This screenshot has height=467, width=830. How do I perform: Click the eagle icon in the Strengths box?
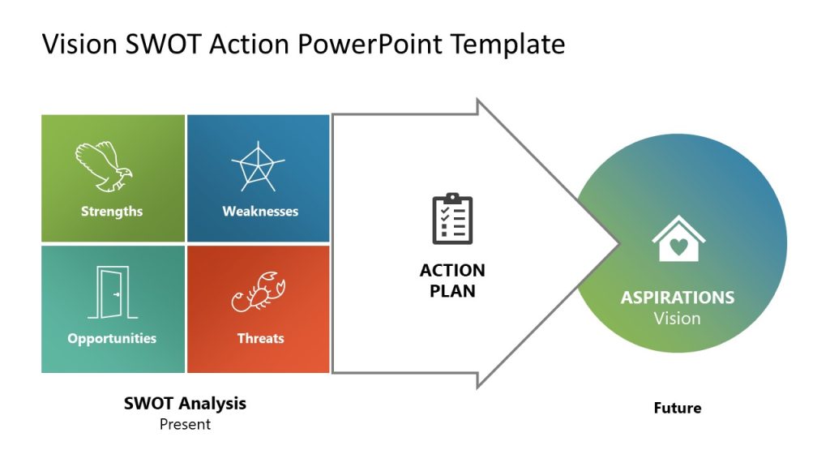104,166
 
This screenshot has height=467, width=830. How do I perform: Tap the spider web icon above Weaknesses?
258,167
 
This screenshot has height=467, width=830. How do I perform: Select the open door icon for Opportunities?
113,292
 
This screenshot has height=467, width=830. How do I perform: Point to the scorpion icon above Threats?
259,292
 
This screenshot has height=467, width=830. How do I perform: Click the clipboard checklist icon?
452,219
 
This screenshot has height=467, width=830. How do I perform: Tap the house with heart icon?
678,238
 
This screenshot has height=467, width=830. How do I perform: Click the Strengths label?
112,212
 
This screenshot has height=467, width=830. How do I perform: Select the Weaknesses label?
260,212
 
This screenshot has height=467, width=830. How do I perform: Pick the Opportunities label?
112,339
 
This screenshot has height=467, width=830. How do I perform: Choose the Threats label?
260,338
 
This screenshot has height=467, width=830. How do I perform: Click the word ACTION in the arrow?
452,271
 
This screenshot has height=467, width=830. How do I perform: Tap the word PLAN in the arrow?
452,291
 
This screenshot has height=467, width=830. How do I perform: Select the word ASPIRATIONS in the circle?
678,298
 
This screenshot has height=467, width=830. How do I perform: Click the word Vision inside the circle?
677,319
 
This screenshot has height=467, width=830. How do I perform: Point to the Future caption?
678,409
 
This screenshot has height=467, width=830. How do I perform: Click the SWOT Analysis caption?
186,404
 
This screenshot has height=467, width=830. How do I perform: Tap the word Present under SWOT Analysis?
186,424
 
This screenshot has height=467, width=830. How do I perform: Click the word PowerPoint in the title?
370,44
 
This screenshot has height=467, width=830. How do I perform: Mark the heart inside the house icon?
678,246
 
